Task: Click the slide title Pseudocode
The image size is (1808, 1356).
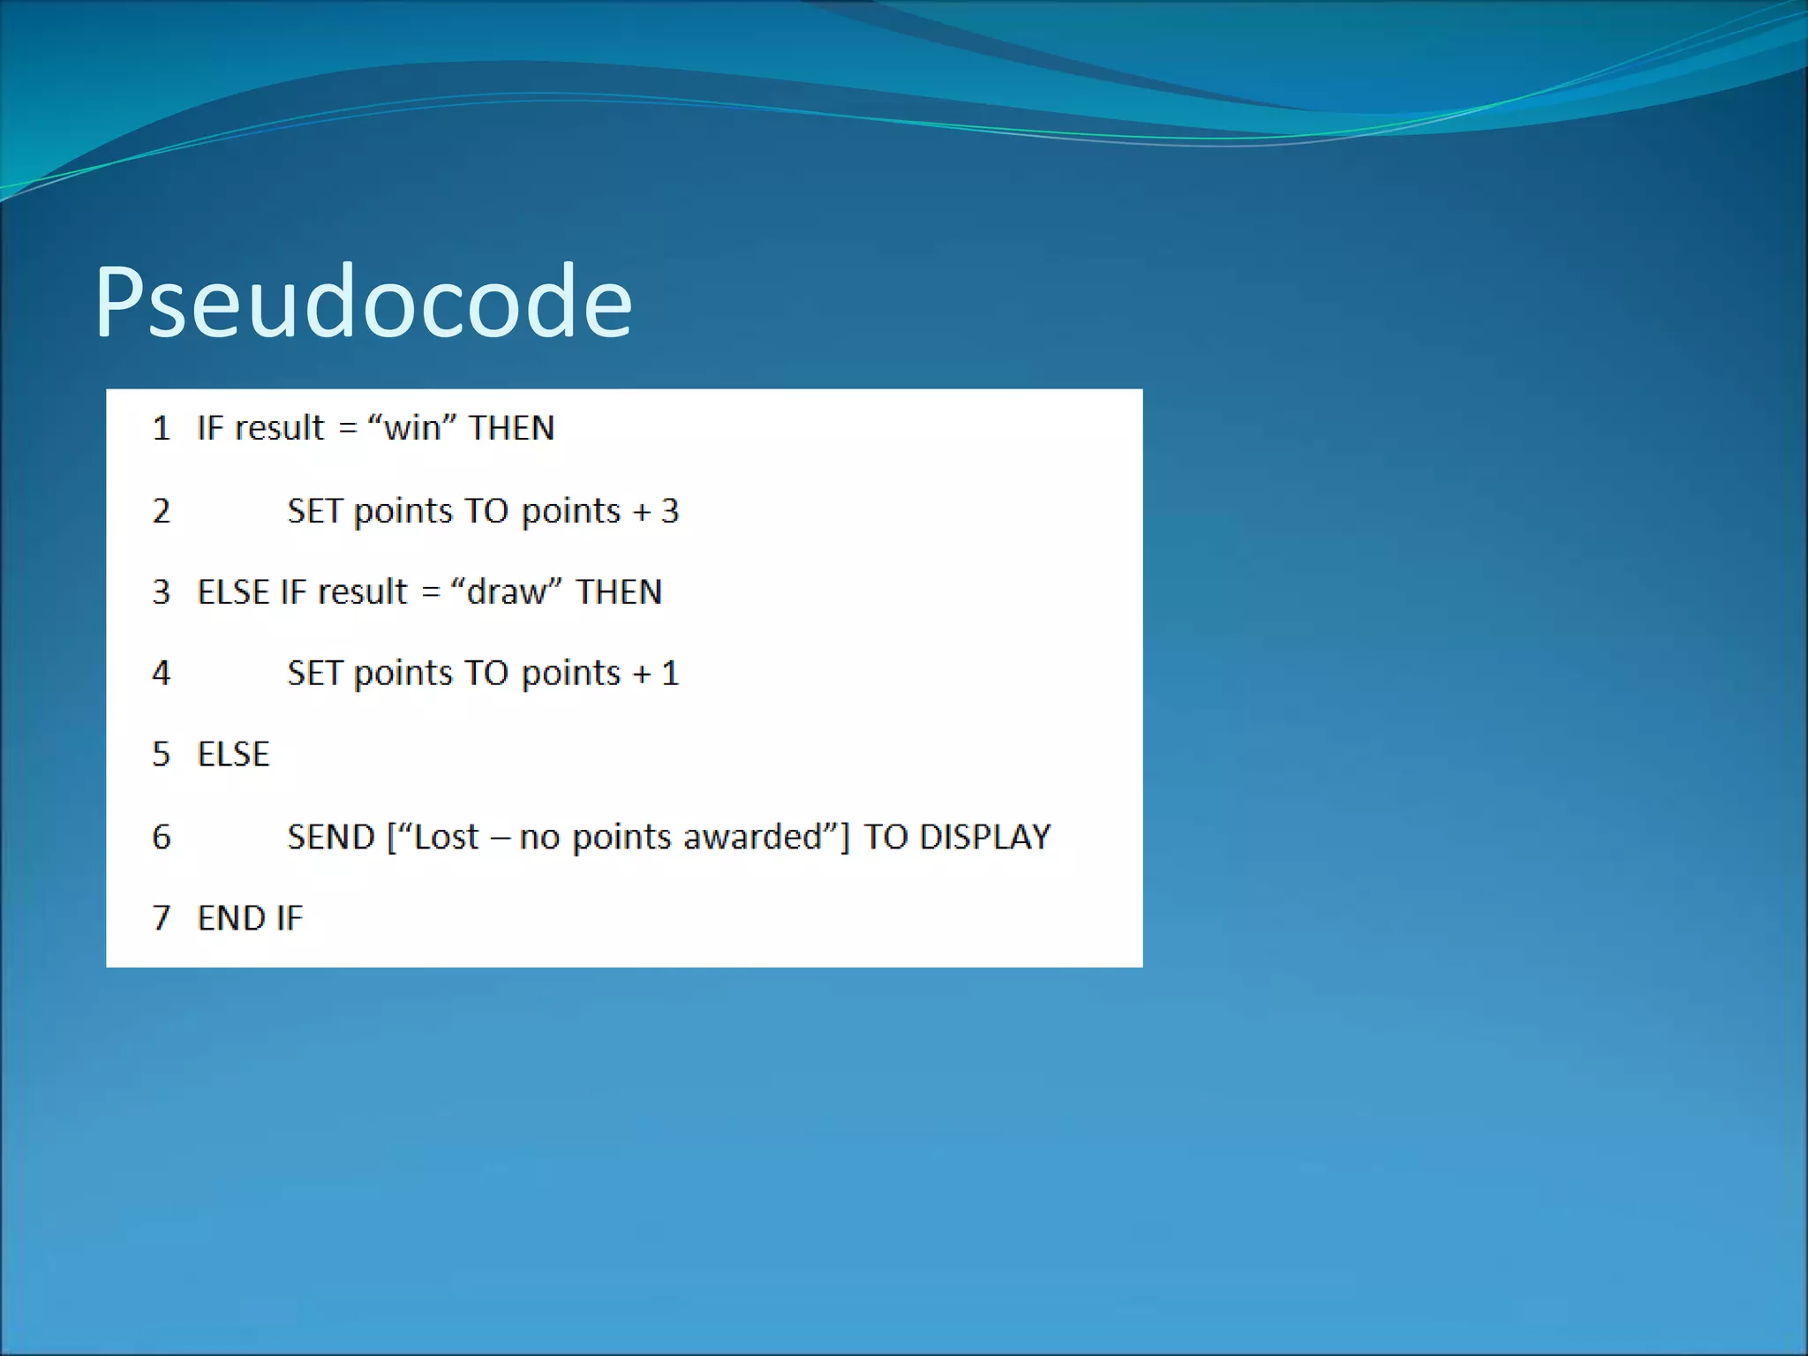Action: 363,303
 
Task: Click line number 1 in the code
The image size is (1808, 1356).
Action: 161,429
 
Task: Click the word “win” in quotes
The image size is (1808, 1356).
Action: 412,429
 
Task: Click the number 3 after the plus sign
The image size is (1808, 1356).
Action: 670,511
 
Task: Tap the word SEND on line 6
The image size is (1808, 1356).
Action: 331,837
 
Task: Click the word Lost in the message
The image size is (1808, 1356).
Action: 446,837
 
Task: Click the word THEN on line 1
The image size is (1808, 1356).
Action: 511,429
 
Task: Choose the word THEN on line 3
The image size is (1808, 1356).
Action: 619,592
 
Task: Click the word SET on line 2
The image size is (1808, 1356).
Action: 314,511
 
